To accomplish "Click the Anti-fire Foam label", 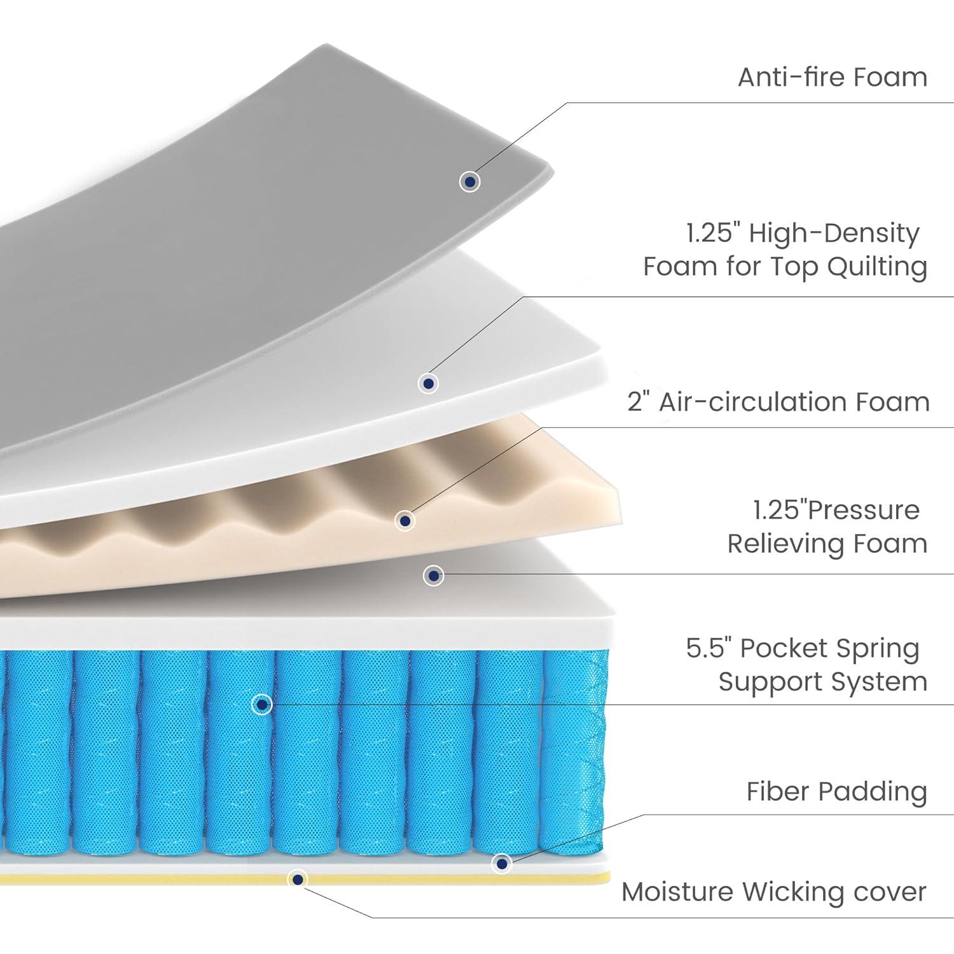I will coord(832,78).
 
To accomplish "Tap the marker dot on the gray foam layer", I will coord(470,182).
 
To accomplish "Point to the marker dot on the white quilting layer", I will coord(429,384).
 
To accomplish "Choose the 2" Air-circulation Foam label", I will coord(778,402).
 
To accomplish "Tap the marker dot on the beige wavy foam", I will coord(405,521).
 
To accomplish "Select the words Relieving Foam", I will coord(827,544).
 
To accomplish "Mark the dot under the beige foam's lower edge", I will coord(433,576).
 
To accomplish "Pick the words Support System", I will coord(822,682).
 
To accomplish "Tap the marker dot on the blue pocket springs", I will coord(262,704).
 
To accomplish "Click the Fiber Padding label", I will coord(836,792).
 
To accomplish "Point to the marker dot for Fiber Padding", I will coord(502,864).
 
